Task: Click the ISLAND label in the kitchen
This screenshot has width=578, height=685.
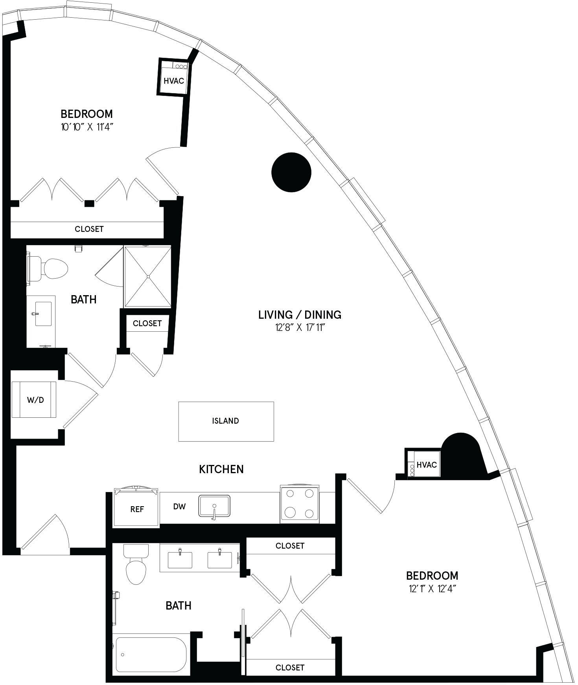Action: pos(225,421)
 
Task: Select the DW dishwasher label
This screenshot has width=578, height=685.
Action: pos(179,507)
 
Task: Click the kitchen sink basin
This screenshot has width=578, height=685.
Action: pos(214,506)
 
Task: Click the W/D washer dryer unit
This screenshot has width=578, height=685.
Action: pos(35,399)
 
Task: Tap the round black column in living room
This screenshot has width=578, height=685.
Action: pos(291,172)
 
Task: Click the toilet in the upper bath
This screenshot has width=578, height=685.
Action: pos(48,269)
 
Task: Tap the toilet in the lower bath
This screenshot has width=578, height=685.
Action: pos(136,564)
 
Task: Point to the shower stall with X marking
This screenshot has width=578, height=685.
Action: pos(148,276)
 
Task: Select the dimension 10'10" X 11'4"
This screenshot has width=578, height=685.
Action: pos(87,127)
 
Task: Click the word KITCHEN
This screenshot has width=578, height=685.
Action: pos(221,469)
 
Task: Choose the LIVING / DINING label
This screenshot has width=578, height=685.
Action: pos(300,314)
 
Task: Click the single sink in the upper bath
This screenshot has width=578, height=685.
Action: pos(43,314)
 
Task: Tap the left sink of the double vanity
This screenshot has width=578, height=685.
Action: pos(180,560)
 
